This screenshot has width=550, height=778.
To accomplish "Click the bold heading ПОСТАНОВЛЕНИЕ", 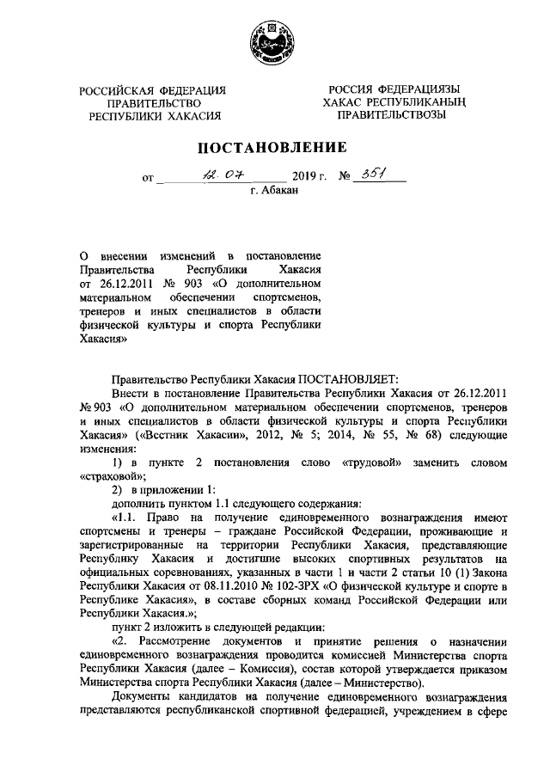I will (x=273, y=147).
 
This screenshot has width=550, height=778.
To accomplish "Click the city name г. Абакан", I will (x=274, y=194).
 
